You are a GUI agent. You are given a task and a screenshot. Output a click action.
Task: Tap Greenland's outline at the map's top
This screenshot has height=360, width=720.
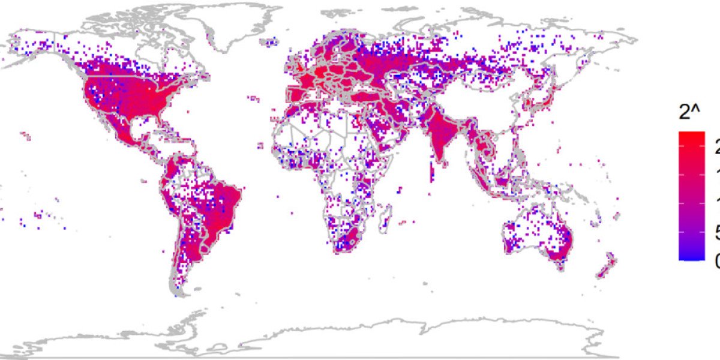(x=240, y=18)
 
